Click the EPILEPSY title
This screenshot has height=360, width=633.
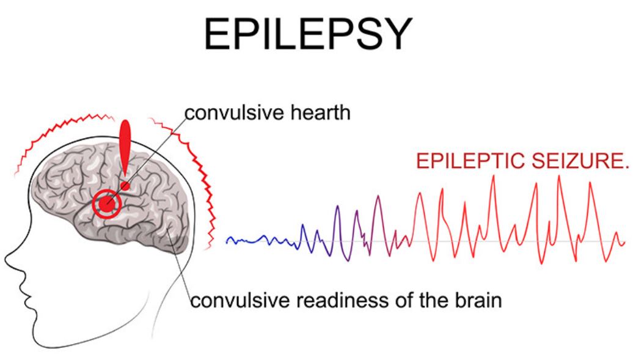coord(309,34)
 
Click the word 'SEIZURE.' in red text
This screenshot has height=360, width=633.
coord(580,161)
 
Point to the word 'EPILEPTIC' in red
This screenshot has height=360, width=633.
coord(471,161)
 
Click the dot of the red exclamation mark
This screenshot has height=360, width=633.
coord(125,186)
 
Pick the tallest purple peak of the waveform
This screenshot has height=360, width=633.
coord(378,197)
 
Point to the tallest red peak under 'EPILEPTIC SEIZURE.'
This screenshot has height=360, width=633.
coord(493,176)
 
